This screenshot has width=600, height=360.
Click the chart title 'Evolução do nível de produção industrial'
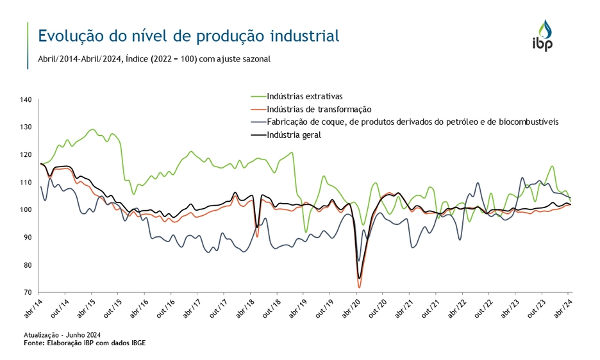188,35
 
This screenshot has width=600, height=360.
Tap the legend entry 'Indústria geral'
294,135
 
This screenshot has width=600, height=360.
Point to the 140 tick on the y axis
26,100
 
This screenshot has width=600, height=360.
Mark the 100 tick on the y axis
26,210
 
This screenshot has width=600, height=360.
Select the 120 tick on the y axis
26,155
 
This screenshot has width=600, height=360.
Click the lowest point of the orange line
359,286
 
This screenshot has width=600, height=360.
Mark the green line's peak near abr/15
93,129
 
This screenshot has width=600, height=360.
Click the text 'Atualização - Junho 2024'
62,335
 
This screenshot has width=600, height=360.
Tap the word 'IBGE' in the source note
137,343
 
